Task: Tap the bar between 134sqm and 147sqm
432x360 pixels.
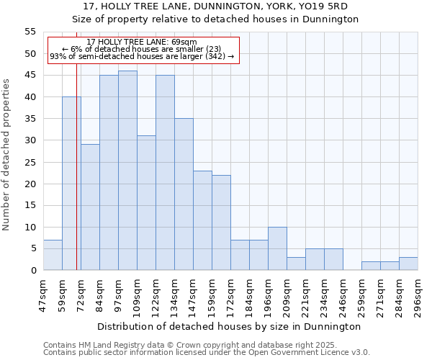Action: point(184,194)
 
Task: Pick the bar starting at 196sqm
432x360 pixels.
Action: point(277,248)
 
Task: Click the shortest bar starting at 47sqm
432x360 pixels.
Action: point(53,255)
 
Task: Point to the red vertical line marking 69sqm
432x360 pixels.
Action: point(76,166)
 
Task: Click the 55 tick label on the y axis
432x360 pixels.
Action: point(30,32)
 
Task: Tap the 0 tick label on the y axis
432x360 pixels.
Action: point(32,271)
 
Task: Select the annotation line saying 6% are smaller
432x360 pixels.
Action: point(141,49)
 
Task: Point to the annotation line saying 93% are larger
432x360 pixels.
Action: point(142,56)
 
